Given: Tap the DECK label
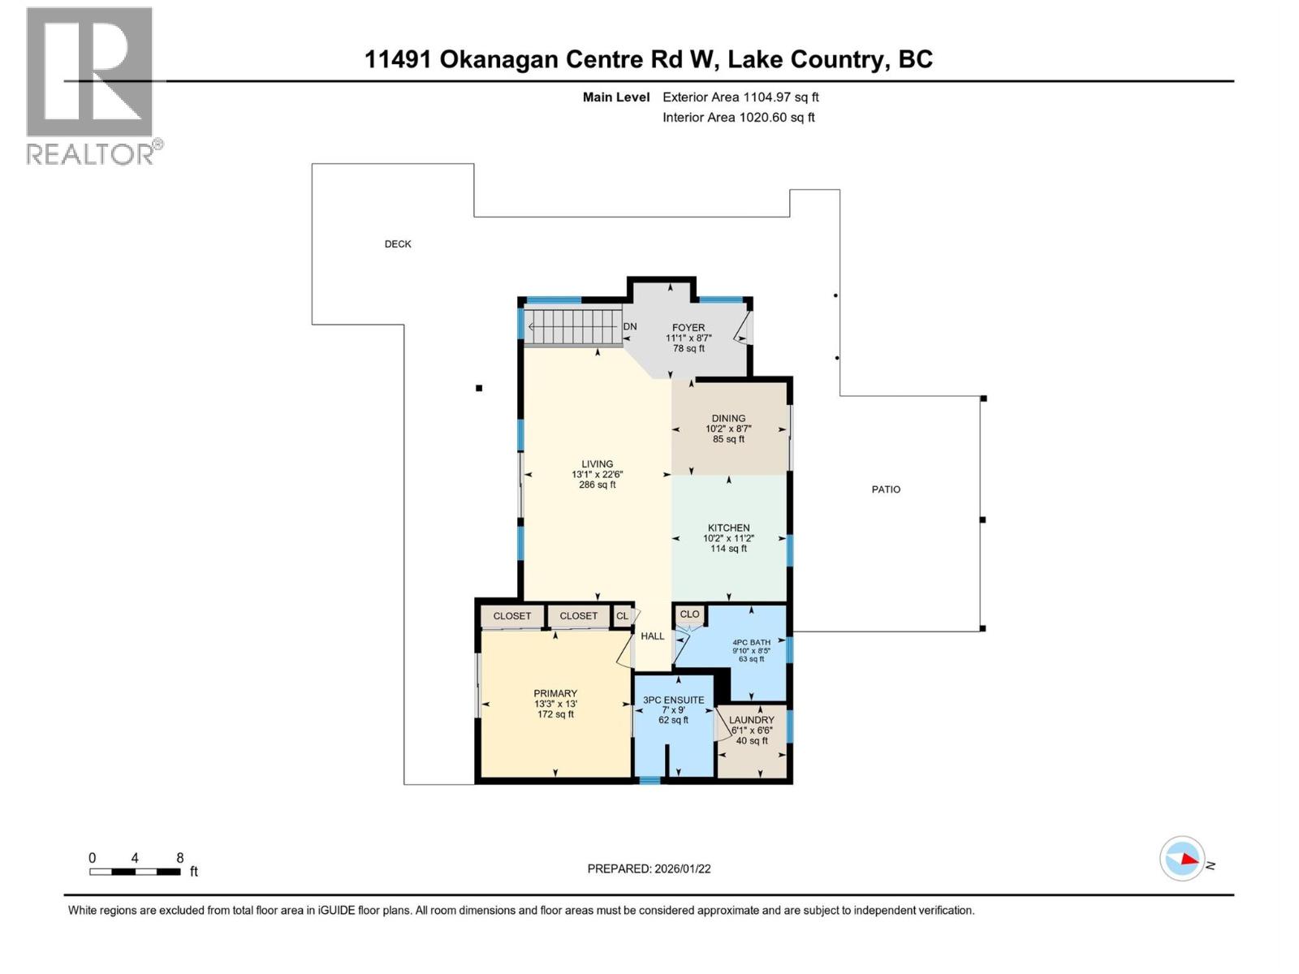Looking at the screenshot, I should coord(398,243).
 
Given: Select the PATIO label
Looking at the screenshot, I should coord(886,489).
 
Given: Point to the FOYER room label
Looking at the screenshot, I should coord(688,328).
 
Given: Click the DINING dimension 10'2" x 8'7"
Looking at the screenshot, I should coord(728,429).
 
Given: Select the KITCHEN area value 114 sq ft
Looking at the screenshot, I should coord(728,549).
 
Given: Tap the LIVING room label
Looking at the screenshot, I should coord(597,464).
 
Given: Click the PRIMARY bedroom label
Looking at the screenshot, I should coord(555,693).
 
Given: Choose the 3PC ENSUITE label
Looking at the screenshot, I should coord(673,700).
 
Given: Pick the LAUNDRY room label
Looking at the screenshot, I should coord(751,720).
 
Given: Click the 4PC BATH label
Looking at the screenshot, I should coord(751,642).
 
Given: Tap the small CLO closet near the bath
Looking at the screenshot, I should coord(689,614).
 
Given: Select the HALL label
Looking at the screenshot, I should coord(652,636).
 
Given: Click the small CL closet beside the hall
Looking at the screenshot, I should coord(622,616).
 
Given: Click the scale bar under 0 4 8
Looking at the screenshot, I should coord(135,872).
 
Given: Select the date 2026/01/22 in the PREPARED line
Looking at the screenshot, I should coord(682,868).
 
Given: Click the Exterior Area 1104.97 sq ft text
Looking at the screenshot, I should coord(740,97).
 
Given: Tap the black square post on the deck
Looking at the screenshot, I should coord(479,388).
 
